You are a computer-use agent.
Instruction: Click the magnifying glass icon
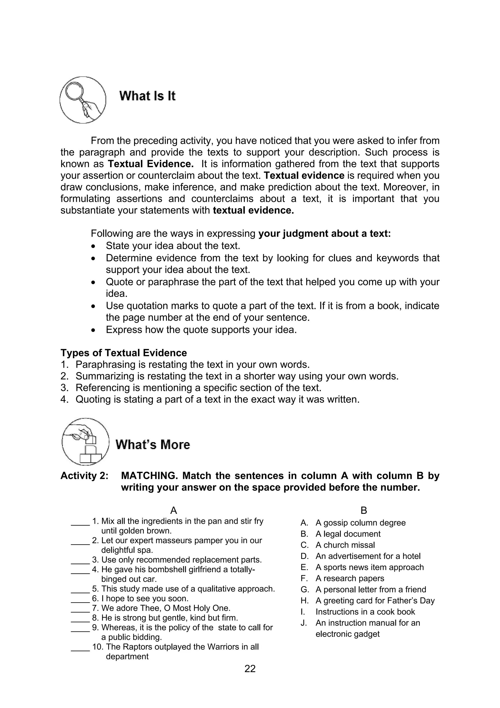(x=83, y=100)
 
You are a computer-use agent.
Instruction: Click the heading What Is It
(x=147, y=96)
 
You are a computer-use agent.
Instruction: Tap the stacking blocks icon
(x=85, y=441)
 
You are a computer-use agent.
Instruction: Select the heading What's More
(x=153, y=445)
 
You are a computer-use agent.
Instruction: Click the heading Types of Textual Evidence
(x=124, y=353)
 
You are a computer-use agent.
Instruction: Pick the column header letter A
(x=173, y=510)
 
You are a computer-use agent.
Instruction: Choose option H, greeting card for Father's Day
(x=375, y=600)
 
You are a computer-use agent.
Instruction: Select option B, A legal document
(x=348, y=534)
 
